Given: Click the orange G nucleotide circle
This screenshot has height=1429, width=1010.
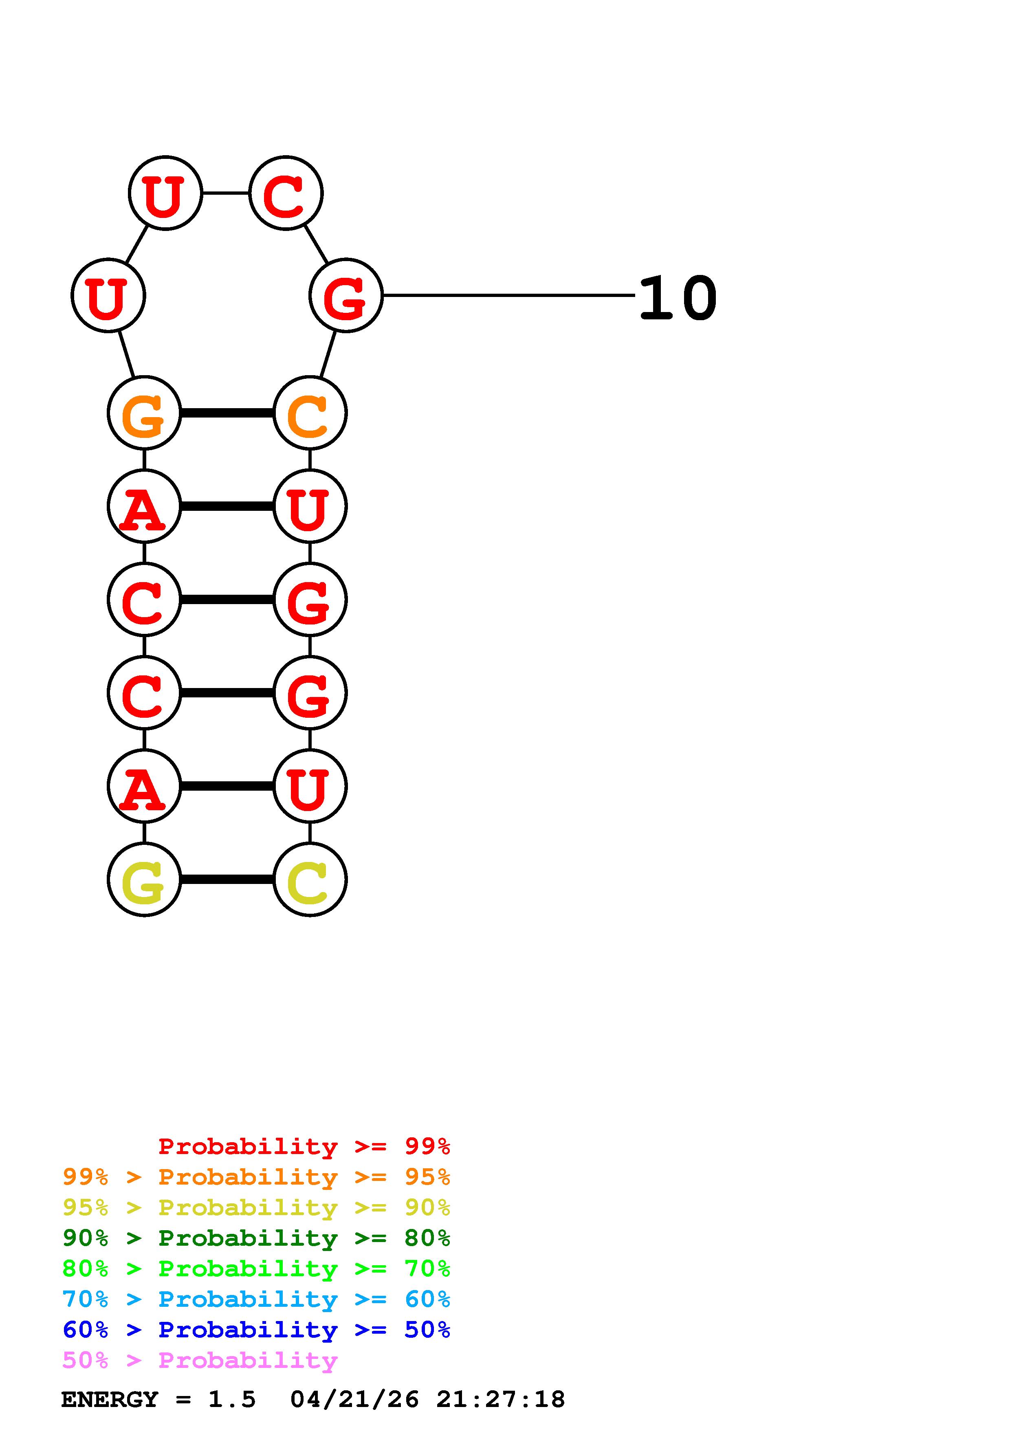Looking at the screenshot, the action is coord(144,413).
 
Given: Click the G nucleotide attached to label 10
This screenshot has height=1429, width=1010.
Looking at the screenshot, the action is coord(345,296).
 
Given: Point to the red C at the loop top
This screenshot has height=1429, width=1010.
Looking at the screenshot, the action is coord(286,193).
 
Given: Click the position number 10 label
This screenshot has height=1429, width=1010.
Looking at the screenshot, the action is coord(678,299).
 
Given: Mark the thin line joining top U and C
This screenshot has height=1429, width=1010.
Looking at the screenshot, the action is coord(225,193).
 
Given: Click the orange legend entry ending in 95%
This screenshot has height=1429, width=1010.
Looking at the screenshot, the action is coord(256,1177).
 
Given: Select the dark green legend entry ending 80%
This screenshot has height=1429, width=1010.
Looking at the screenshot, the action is coord(256,1238).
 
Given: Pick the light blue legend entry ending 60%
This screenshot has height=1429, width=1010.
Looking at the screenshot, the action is coord(256,1299).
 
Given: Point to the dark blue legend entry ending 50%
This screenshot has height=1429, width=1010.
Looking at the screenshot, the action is coord(256,1330).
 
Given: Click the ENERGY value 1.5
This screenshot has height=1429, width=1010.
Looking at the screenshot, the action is coord(231,1400).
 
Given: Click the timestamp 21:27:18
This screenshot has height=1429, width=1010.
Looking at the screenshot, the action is coord(500,1400).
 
